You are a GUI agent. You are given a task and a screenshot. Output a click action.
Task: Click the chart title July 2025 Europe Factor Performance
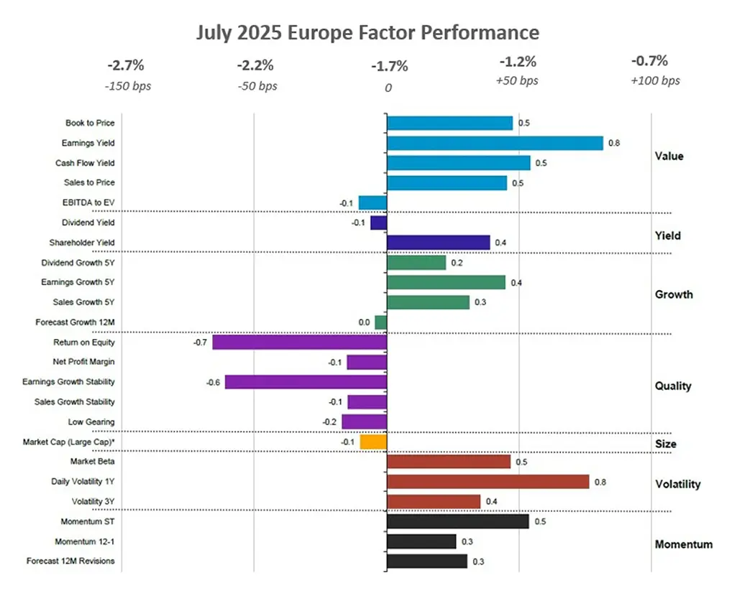pos(367,33)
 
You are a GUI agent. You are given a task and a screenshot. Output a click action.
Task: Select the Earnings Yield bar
pos(495,143)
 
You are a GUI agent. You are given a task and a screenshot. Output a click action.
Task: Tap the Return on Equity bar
pos(299,343)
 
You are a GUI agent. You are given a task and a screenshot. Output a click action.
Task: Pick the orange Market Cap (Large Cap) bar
pos(374,442)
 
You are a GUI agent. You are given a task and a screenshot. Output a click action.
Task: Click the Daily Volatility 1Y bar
pos(487,482)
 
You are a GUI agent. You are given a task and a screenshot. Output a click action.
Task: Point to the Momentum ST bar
pos(457,521)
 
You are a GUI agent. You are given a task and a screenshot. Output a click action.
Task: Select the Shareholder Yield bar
pos(438,243)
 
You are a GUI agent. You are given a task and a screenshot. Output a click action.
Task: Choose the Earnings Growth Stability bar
pos(306,382)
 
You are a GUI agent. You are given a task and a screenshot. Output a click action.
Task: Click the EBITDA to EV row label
pos(89,203)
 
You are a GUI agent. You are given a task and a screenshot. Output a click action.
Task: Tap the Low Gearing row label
pos(91,422)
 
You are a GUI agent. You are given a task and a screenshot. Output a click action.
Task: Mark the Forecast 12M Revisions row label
pos(70,561)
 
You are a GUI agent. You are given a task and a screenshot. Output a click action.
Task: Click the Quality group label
pos(673,386)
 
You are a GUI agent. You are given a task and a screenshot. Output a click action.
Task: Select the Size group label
pos(666,444)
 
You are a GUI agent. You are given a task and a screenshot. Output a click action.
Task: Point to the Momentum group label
pos(684,544)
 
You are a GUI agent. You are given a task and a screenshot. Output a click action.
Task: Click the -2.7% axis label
pos(127,65)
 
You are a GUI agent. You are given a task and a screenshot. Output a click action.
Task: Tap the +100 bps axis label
pos(655,81)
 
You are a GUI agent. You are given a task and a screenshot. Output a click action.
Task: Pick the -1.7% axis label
pos(389,67)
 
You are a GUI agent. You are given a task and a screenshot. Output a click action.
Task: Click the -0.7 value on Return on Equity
pos(200,343)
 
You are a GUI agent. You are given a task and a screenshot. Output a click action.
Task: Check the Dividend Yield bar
pos(379,223)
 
